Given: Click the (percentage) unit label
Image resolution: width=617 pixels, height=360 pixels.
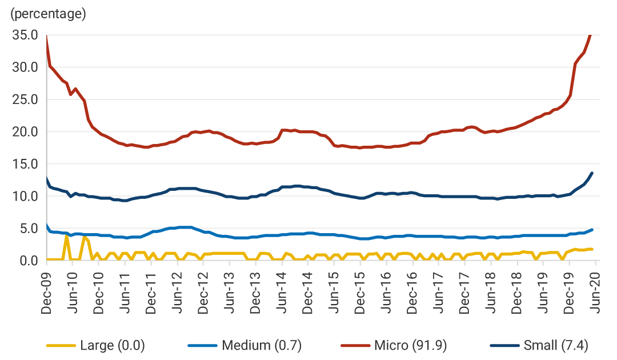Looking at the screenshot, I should click(x=48, y=14).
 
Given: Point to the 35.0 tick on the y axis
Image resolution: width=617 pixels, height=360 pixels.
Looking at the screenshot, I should click(x=25, y=35).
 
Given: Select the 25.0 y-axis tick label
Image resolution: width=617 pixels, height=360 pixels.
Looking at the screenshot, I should click(x=25, y=99).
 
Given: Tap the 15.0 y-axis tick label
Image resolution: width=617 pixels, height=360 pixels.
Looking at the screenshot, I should click(x=25, y=164).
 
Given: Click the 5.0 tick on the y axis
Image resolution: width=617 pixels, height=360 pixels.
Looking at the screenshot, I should click(x=29, y=229).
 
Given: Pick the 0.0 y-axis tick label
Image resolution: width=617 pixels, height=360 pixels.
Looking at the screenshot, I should click(x=29, y=261).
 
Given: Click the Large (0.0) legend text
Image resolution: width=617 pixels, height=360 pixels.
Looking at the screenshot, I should click(x=113, y=345).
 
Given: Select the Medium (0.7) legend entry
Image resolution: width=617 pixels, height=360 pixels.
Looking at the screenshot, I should click(x=261, y=345).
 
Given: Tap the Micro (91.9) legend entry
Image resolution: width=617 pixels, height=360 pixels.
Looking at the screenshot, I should click(x=411, y=345).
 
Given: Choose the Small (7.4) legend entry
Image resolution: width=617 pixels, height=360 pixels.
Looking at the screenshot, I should click(x=555, y=345).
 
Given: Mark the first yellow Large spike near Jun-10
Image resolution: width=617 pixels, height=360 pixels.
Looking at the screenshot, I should click(x=67, y=236).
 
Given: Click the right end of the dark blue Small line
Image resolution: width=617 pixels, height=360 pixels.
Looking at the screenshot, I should click(x=592, y=173).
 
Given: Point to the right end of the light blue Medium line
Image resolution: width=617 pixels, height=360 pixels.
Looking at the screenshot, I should click(x=592, y=230).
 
